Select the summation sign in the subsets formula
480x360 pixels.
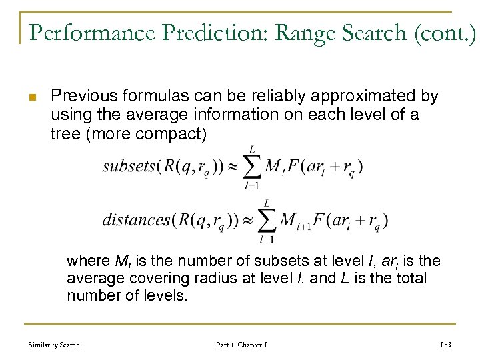pyautogui.click(x=251, y=167)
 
